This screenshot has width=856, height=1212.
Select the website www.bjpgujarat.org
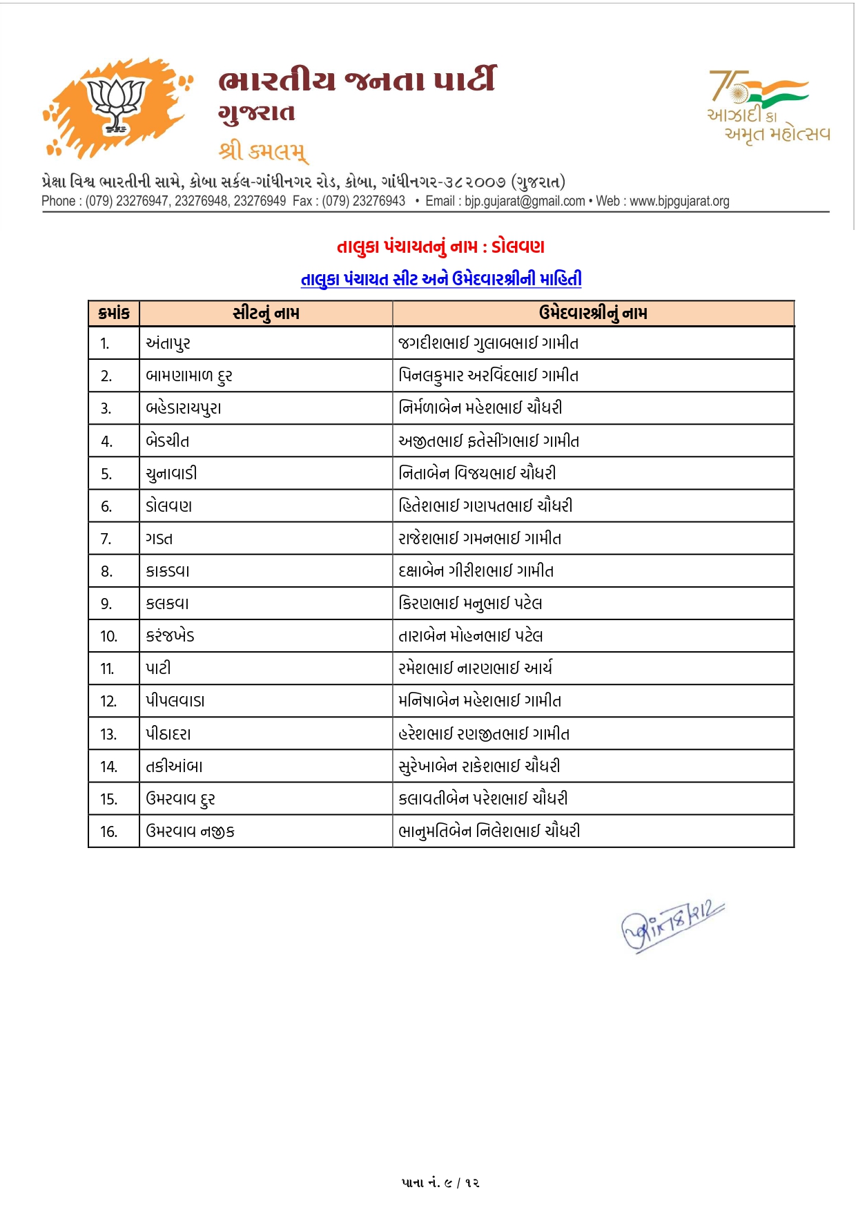(x=679, y=201)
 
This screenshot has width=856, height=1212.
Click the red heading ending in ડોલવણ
(x=440, y=247)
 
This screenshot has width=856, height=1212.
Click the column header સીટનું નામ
(x=266, y=314)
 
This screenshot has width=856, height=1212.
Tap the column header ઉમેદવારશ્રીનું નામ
(x=593, y=314)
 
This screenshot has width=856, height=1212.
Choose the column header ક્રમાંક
(x=114, y=314)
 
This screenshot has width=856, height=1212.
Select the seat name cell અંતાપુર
(x=168, y=343)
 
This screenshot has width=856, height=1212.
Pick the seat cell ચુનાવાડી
(x=171, y=474)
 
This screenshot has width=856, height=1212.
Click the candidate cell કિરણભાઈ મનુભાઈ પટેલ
(x=470, y=604)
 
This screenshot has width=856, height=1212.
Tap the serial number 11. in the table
(x=107, y=668)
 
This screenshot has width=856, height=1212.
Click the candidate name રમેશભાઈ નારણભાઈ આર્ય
(x=475, y=668)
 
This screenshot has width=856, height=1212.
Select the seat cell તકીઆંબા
(x=174, y=767)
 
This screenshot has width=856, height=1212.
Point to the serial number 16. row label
(x=108, y=831)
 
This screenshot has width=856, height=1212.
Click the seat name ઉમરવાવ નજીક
(x=190, y=831)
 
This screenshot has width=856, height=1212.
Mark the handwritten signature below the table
(x=671, y=925)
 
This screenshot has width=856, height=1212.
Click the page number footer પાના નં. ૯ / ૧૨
(x=440, y=1183)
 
